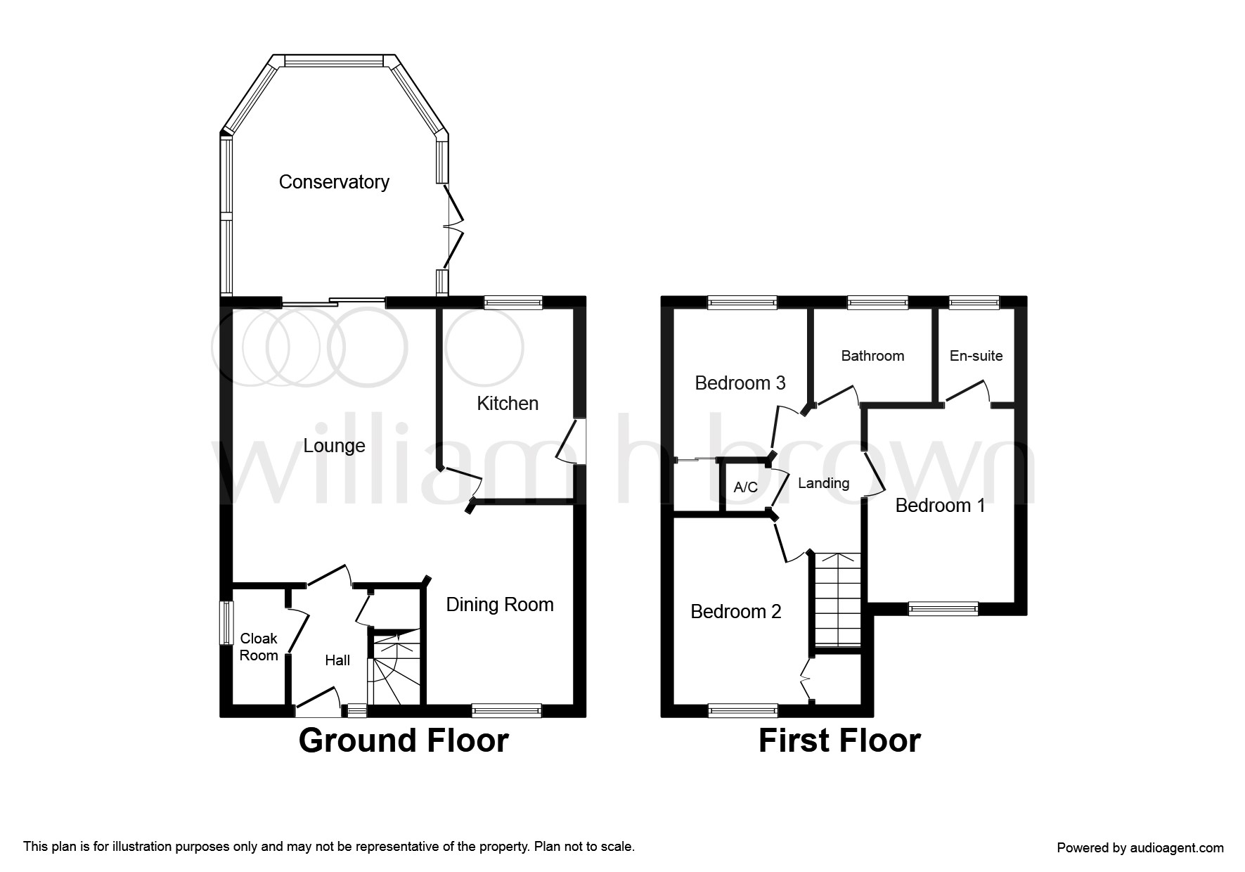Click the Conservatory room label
tap(334, 182)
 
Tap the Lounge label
tap(334, 446)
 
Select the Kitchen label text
tap(508, 404)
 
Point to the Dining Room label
tap(500, 605)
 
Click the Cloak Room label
tap(259, 647)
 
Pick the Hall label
tap(337, 660)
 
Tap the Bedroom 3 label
tap(740, 383)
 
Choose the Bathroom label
tap(872, 356)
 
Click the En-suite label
tap(976, 356)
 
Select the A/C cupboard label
tap(746, 487)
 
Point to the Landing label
tap(824, 483)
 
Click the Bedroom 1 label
tap(940, 506)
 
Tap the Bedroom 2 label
tap(736, 612)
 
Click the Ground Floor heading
tap(404, 741)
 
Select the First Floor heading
tap(839, 741)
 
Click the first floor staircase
tap(837, 600)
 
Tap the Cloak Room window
tap(226, 622)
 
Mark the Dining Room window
tap(506, 711)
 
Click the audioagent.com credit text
tap(1140, 848)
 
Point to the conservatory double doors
tap(453, 226)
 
